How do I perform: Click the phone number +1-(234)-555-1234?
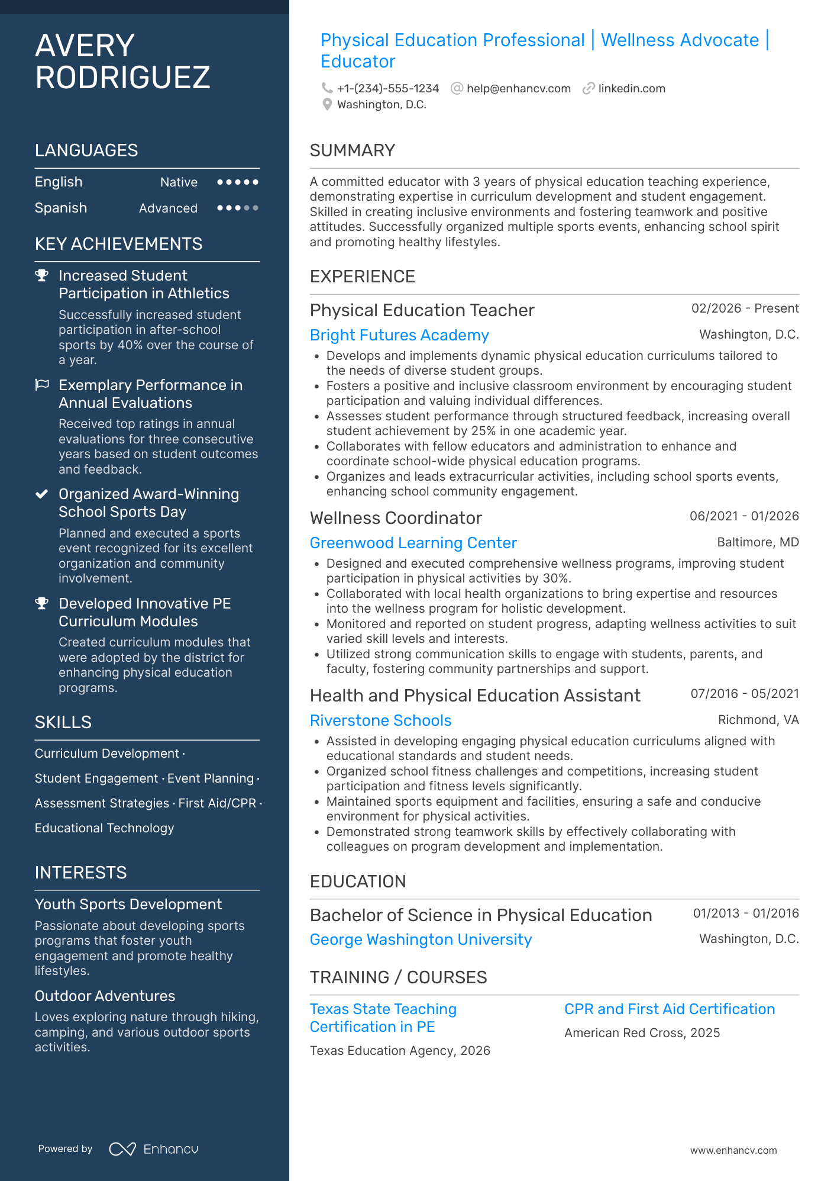point(387,89)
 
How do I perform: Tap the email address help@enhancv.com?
point(518,89)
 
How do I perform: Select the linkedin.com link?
point(631,89)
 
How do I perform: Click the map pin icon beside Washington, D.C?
point(327,105)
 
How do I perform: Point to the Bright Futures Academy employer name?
point(399,335)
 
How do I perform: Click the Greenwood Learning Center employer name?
point(413,543)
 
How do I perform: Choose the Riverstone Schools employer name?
point(380,720)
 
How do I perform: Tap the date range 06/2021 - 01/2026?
point(744,516)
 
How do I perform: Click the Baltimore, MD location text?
point(757,542)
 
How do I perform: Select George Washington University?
point(421,939)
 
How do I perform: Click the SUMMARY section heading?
point(352,150)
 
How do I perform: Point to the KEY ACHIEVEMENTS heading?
point(118,244)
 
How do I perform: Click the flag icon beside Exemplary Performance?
point(42,385)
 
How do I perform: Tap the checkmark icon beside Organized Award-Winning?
point(42,494)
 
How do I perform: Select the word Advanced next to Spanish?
point(168,208)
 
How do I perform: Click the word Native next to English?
point(179,182)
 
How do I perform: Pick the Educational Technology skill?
point(104,828)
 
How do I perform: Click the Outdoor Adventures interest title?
point(105,996)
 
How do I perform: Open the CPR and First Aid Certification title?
point(669,1009)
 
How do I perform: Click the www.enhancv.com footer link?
point(733,1150)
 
